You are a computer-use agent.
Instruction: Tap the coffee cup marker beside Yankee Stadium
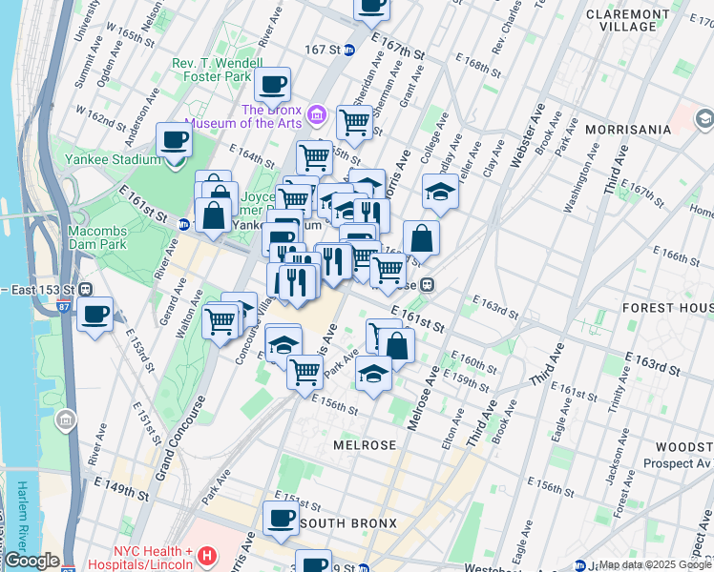175,141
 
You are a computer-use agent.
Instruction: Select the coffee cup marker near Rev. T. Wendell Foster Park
272,85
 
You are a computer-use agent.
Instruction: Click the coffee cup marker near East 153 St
94,315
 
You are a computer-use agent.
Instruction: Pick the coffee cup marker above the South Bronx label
281,518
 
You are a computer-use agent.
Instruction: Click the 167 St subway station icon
349,50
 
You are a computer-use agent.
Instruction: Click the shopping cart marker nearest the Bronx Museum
354,121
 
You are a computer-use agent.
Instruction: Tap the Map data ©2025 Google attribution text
655,564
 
